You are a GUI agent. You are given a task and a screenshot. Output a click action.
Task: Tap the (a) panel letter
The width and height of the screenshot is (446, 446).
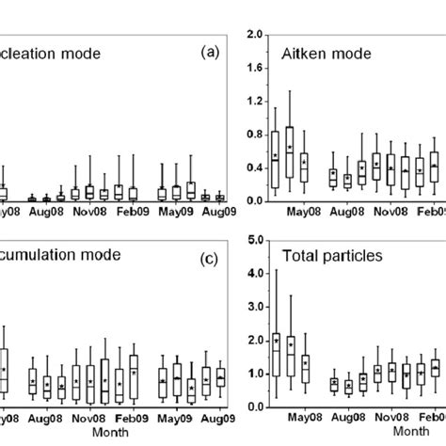coord(212,52)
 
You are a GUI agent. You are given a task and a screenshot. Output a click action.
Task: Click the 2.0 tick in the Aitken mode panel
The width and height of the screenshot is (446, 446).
coord(251,34)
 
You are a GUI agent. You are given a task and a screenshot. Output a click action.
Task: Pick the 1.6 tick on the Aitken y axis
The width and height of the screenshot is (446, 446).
coord(251,68)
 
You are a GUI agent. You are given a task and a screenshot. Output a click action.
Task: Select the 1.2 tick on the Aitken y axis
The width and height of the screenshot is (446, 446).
coord(251,101)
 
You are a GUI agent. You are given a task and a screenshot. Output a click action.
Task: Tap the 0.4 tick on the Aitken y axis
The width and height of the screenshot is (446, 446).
coord(251,167)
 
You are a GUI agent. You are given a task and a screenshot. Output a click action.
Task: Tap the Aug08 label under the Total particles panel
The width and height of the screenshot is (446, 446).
coord(347,416)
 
